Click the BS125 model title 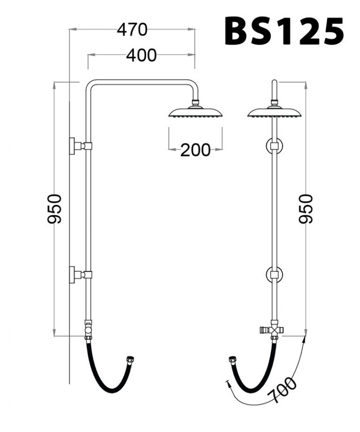click(x=284, y=31)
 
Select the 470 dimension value click(x=132, y=30)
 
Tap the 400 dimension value click(x=141, y=55)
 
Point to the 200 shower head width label click(x=195, y=150)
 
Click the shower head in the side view click(x=195, y=113)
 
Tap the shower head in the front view click(x=274, y=113)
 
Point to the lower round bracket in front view click(x=274, y=274)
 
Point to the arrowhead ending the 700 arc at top click(x=305, y=339)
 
